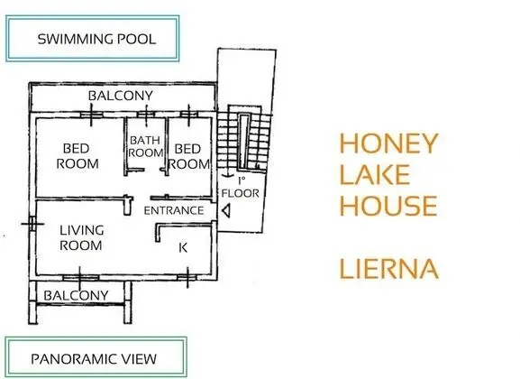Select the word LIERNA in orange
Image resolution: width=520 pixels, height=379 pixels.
coord(389,269)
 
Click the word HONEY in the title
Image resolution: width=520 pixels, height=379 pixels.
coord(389,143)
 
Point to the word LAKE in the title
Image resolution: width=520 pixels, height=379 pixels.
coord(375,174)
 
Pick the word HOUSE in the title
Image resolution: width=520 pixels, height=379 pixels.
coord(388,205)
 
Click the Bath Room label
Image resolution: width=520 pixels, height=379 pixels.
coord(145,146)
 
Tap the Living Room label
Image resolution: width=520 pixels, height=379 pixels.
coord(81,238)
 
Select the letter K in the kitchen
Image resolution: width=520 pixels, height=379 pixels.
coord(183,247)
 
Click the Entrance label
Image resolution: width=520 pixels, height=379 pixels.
coord(174,210)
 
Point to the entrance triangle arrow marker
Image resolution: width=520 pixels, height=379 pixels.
coord(226,211)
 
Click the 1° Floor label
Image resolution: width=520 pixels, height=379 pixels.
coord(240,188)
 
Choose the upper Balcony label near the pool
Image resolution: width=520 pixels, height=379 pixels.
coord(121,96)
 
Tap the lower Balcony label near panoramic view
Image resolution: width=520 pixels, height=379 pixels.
coord(76,295)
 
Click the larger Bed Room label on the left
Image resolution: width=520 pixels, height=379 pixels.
coord(77,156)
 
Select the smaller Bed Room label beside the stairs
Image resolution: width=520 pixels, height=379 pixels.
coord(188,156)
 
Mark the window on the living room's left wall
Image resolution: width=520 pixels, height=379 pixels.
coord(32,224)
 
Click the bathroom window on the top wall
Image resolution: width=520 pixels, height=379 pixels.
coord(146,115)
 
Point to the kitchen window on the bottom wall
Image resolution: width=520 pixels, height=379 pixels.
coord(187,277)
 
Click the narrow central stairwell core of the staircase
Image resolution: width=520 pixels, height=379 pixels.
coord(244,141)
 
